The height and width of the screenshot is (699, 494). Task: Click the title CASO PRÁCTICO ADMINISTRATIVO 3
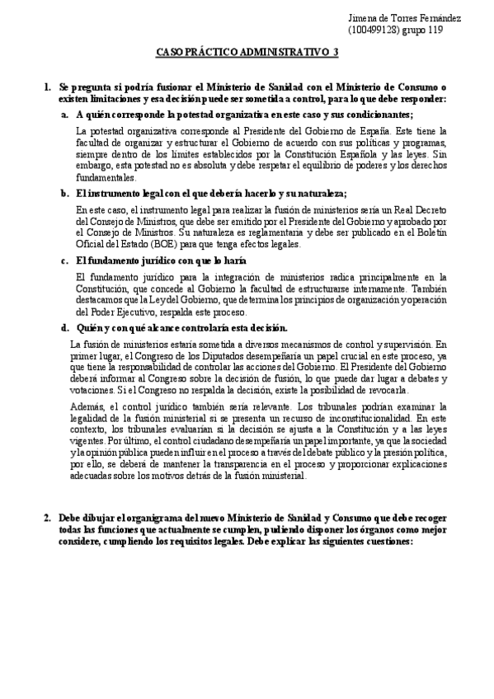247,54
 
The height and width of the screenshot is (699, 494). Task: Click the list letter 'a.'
64,114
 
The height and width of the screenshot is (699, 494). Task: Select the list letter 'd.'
64,327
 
